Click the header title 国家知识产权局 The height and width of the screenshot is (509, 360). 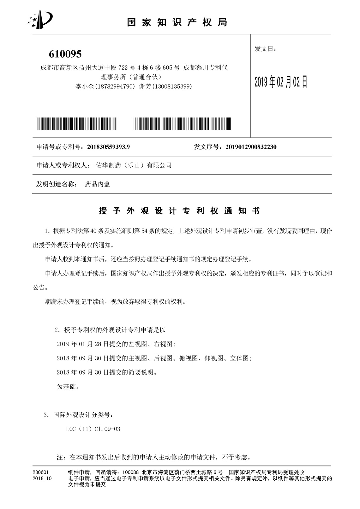(177, 22)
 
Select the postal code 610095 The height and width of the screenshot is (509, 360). (65, 54)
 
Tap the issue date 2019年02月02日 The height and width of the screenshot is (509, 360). (281, 82)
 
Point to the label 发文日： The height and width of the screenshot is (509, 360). (265, 49)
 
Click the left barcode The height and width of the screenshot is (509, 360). (76, 124)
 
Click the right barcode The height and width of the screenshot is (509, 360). (182, 124)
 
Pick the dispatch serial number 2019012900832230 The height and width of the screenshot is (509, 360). (251, 147)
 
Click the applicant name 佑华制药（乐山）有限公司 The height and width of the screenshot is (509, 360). (134, 165)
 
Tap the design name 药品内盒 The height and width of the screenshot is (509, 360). (98, 184)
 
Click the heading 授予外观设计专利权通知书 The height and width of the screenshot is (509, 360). (179, 211)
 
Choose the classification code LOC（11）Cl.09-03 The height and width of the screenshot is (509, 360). (93, 429)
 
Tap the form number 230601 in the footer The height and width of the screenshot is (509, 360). (40, 472)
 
